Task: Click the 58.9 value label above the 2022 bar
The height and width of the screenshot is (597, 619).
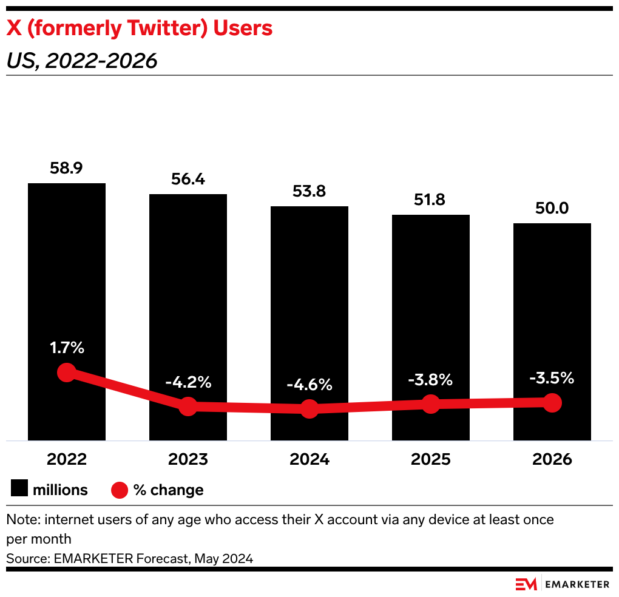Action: click(x=66, y=169)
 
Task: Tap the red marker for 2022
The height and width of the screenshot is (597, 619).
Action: click(x=66, y=373)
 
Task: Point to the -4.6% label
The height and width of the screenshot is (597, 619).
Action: click(x=309, y=385)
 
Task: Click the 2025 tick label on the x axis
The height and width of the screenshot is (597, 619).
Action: click(x=431, y=459)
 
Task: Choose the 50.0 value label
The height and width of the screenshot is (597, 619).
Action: click(x=552, y=209)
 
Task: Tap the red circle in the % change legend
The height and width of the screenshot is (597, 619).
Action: click(x=120, y=490)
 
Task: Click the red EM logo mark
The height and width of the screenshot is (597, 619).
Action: click(x=526, y=584)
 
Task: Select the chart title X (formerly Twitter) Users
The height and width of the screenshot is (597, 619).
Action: click(x=139, y=28)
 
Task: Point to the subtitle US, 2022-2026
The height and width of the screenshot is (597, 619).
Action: click(x=81, y=61)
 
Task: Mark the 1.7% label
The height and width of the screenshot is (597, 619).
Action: click(x=67, y=348)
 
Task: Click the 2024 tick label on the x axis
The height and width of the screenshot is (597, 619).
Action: click(x=309, y=459)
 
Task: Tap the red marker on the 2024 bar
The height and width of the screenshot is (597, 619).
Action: click(x=309, y=408)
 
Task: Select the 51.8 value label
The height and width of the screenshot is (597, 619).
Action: click(x=431, y=200)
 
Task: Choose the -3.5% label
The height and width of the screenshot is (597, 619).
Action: click(x=552, y=378)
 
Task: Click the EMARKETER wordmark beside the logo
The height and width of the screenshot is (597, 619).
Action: click(x=577, y=584)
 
